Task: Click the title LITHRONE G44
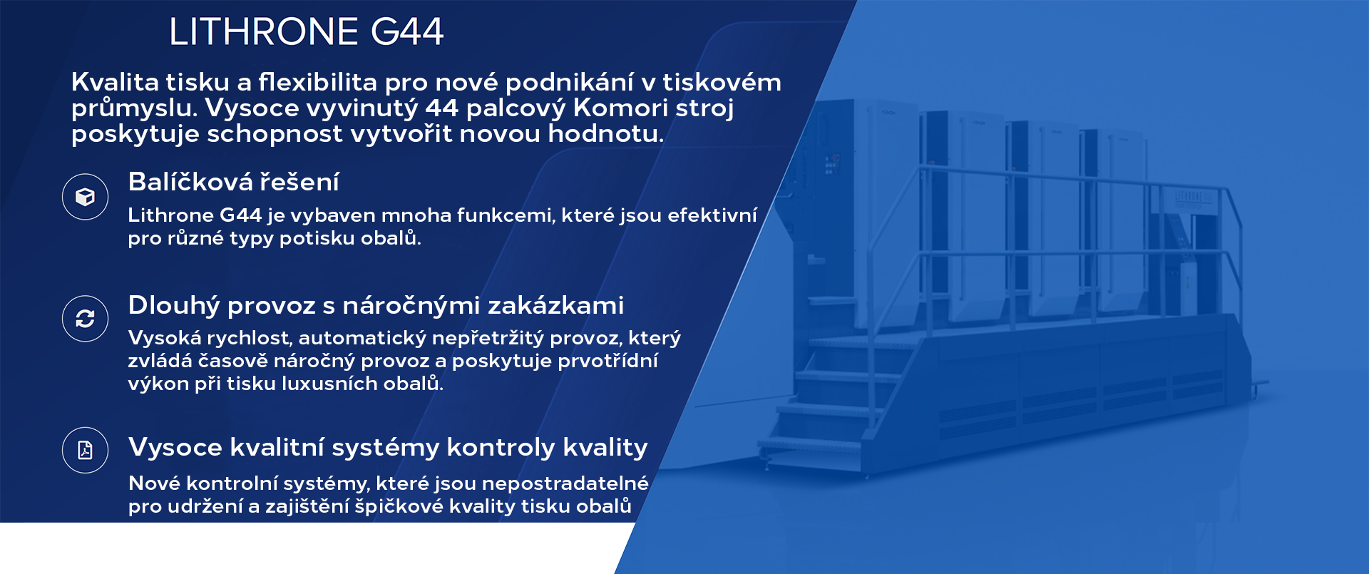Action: (x=307, y=32)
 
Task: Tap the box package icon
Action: (x=85, y=197)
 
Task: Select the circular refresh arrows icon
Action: (x=85, y=319)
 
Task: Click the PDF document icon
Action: (x=85, y=450)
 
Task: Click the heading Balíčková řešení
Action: (x=233, y=183)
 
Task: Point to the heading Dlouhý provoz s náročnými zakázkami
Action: (x=376, y=305)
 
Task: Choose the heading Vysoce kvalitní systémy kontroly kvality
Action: (x=388, y=447)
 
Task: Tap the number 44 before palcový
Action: (x=441, y=108)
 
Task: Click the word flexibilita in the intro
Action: (x=317, y=82)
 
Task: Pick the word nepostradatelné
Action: (x=565, y=484)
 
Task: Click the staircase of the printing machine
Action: (x=834, y=399)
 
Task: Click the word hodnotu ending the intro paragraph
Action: (x=605, y=133)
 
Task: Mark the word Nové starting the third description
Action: (x=154, y=483)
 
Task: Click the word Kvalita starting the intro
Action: (x=115, y=82)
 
